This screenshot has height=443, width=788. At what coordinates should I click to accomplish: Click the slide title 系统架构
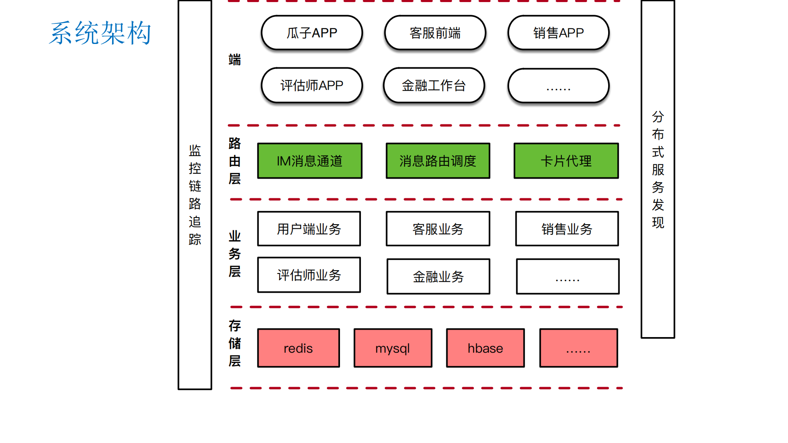100,33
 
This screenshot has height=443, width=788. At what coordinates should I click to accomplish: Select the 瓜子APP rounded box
312,33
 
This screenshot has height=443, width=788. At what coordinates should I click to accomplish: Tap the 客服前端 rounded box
435,33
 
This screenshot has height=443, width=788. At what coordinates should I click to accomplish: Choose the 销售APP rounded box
558,33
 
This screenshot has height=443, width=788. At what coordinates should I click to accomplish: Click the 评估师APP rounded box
312,85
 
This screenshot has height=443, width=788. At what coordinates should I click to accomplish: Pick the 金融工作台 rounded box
434,85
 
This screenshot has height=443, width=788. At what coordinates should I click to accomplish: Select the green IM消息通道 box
310,161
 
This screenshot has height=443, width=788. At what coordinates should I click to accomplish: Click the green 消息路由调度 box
438,161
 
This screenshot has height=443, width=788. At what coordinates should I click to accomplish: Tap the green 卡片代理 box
566,161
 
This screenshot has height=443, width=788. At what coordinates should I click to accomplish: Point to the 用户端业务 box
309,229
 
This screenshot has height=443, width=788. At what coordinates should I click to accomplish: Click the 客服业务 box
438,229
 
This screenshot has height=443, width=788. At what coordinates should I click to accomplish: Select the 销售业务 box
567,229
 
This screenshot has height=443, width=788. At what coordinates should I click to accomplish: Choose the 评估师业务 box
309,275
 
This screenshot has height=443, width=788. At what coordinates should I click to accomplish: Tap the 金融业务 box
438,276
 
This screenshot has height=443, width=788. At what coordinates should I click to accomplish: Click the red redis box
298,348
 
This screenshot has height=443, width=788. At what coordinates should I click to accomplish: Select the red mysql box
393,348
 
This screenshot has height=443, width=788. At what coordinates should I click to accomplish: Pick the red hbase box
485,348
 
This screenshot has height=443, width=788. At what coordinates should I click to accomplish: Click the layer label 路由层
234,161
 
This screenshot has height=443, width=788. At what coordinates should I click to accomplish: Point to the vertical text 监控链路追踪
195,195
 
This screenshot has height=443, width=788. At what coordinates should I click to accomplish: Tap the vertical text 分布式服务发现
657,169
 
